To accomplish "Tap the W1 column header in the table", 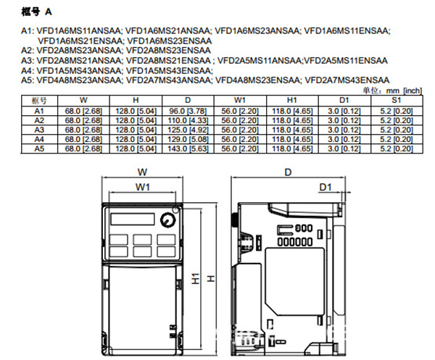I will click(x=238, y=100).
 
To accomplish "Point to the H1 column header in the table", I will click(x=292, y=100).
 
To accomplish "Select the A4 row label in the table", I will click(x=39, y=138).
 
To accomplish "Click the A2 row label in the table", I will click(x=39, y=120).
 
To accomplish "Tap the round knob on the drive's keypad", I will click(x=170, y=219).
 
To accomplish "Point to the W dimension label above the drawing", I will click(x=142, y=172).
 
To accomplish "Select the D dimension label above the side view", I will click(x=288, y=172).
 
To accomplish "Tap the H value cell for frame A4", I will click(x=132, y=138).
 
